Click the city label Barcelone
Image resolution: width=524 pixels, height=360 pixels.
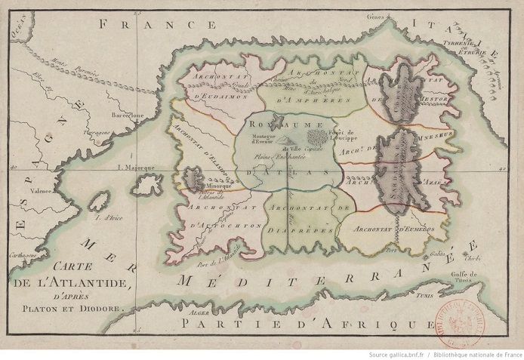(128, 115)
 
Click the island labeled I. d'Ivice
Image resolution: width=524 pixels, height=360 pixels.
(98, 204)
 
